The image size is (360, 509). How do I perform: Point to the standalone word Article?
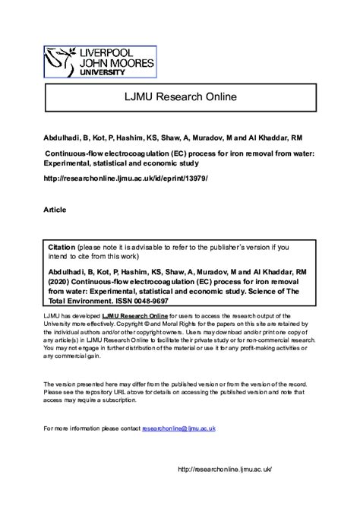click(x=55, y=209)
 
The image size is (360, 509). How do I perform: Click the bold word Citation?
click(x=63, y=248)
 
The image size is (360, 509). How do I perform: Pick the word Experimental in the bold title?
click(x=71, y=163)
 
